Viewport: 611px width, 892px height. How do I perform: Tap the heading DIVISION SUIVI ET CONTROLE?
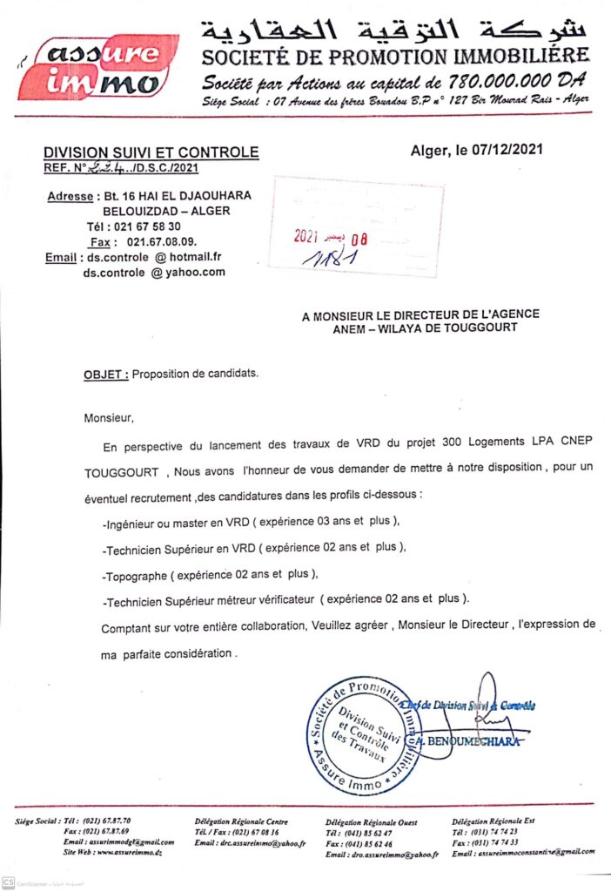pos(151,152)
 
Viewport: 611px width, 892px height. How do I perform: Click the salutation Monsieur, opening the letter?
pos(110,418)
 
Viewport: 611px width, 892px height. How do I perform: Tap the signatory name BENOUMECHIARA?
pos(475,741)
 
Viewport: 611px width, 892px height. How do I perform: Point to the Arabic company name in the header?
pos(395,30)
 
